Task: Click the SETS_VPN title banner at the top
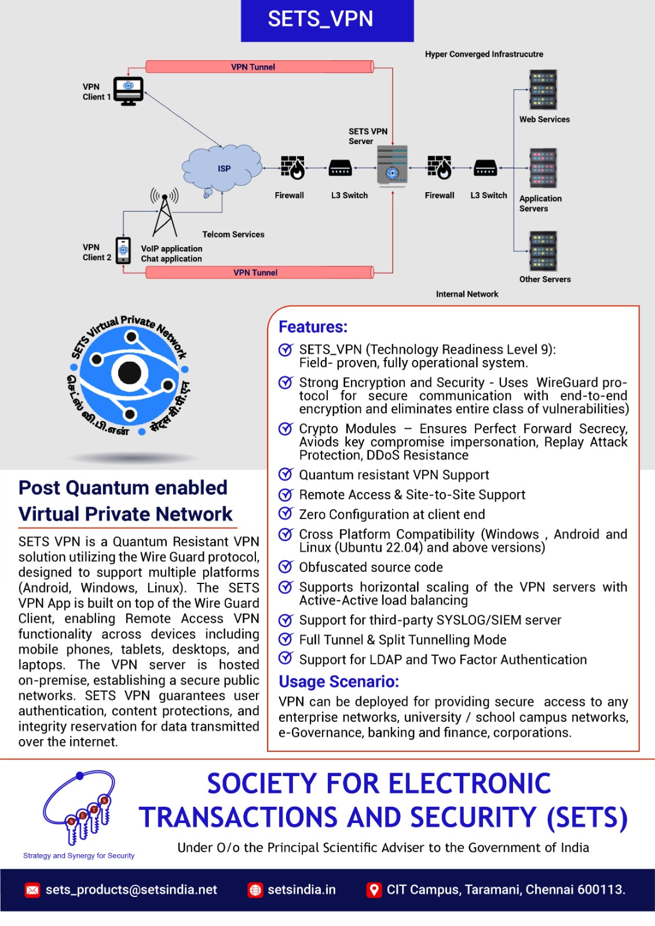coord(327,20)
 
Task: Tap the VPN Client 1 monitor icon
coord(128,91)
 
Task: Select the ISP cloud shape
coord(222,168)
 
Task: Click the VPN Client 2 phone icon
coord(123,251)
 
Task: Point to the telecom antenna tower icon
coord(164,214)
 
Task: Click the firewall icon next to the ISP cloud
coord(292,168)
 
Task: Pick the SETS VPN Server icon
coord(392,166)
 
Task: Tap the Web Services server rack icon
coord(543,90)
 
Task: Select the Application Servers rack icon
coord(543,168)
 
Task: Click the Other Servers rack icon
coord(543,251)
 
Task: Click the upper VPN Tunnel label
coord(253,67)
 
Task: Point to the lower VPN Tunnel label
coord(255,273)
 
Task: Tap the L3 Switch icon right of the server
coord(485,168)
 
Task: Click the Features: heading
coord(313,327)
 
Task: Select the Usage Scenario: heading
coord(339,682)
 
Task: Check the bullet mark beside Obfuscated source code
coord(286,567)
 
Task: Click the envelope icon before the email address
coord(32,890)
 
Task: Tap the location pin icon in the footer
coord(374,890)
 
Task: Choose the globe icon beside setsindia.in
coord(255,890)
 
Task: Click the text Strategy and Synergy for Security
coord(79,855)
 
